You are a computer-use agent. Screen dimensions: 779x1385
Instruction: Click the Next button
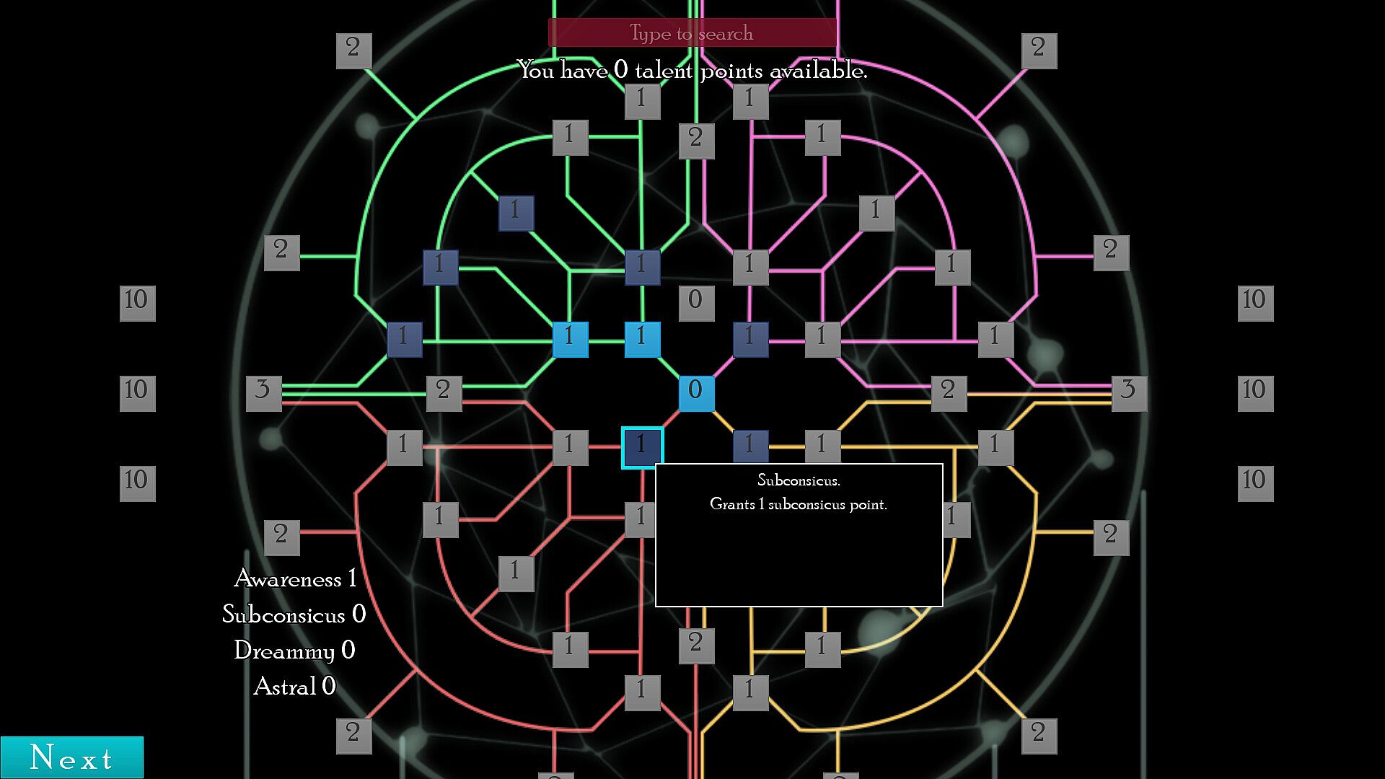pyautogui.click(x=71, y=757)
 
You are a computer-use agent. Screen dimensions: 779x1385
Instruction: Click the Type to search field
pyautogui.click(x=692, y=33)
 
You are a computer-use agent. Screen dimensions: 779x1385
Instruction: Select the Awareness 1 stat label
pyautogui.click(x=295, y=578)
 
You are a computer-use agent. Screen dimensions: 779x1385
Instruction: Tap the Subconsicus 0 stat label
pyautogui.click(x=294, y=615)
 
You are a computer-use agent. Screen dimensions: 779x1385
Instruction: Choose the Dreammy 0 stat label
pyautogui.click(x=294, y=651)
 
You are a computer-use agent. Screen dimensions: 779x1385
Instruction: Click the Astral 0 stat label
pyautogui.click(x=294, y=686)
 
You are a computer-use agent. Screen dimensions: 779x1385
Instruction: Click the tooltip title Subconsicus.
pyautogui.click(x=799, y=480)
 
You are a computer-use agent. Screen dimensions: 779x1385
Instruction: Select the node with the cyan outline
pyautogui.click(x=642, y=447)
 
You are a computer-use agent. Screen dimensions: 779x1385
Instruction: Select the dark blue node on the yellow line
pyautogui.click(x=750, y=446)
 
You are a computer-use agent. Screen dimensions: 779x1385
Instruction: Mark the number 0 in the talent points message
pyautogui.click(x=621, y=71)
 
